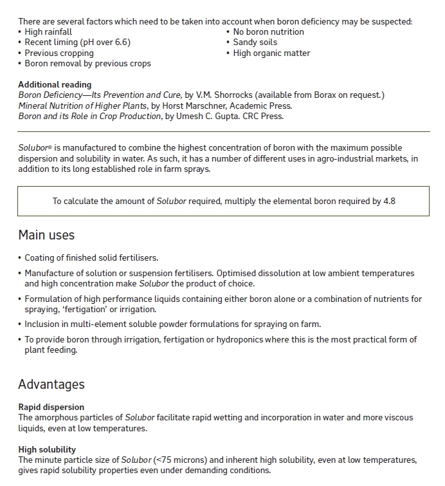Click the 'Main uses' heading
coord(46,235)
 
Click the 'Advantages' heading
coord(51,384)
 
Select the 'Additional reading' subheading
coord(55,84)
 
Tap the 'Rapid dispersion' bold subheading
coord(51,407)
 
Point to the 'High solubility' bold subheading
coord(47,449)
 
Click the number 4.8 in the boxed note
coord(388,201)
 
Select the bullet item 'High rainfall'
coord(48,32)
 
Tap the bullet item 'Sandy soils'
coord(255,42)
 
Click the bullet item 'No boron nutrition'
coord(268,32)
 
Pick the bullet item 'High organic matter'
coord(271,53)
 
